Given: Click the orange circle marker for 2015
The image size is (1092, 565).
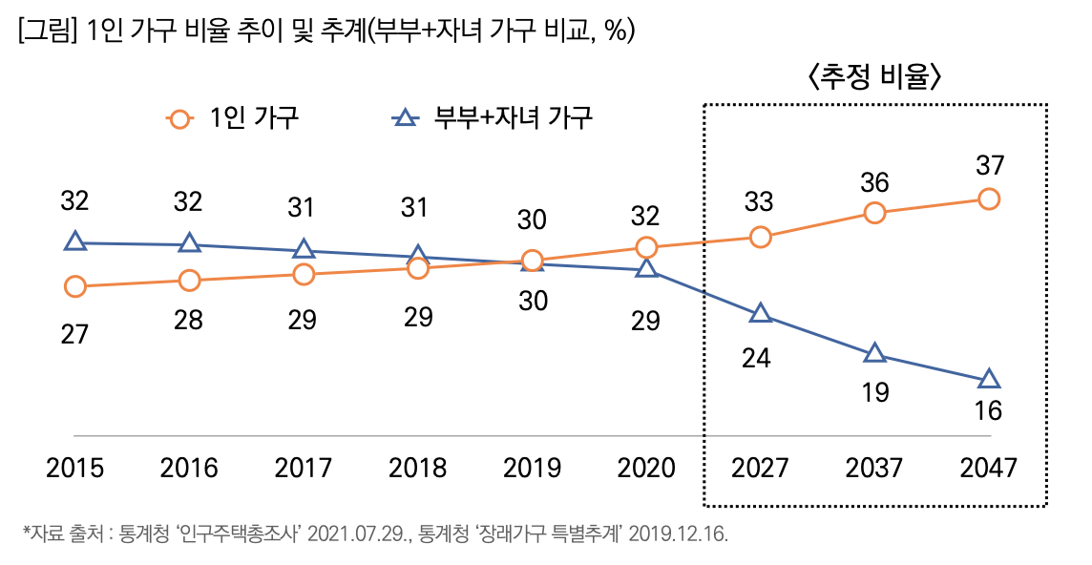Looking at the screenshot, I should [x=74, y=286].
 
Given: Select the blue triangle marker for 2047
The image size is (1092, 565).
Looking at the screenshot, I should [x=989, y=380].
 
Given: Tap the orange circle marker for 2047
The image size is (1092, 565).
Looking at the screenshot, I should [x=989, y=199].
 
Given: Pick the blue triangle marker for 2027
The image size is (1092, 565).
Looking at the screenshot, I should [x=760, y=314].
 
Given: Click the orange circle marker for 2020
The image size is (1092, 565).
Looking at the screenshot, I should [x=646, y=247].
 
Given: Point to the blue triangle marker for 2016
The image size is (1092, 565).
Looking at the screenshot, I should [x=189, y=244].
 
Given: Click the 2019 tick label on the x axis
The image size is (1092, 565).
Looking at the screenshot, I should [x=532, y=469].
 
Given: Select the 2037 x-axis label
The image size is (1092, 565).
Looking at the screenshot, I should [x=874, y=469].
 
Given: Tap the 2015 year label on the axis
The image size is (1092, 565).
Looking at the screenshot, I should [x=74, y=469].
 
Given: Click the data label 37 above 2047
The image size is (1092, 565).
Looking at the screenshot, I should [x=989, y=165].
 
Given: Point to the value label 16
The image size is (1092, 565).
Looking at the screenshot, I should [x=989, y=411].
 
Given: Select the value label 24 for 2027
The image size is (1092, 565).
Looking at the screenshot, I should [x=760, y=359].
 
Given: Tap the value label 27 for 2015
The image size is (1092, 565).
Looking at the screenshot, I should [x=74, y=335].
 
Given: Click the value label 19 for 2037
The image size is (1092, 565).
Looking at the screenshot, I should [x=874, y=392].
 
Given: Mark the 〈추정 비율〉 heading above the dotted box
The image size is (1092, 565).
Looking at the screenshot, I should [x=874, y=77].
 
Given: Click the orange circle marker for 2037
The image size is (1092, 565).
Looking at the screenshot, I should [x=874, y=213].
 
